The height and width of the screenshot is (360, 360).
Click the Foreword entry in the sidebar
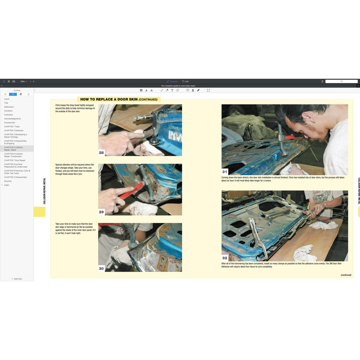click(x=8, y=115)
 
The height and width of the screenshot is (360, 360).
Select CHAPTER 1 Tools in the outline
click(x=12, y=127)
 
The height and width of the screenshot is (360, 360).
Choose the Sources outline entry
click(x=8, y=181)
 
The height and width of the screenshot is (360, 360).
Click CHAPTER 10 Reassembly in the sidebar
click(x=15, y=177)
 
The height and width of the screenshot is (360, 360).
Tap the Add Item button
click(x=17, y=279)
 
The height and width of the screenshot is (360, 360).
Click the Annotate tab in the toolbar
click(x=172, y=81)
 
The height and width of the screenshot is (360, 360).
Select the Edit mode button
click(x=185, y=81)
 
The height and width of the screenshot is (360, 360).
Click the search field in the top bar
click(x=341, y=81)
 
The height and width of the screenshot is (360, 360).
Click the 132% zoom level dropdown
click(x=23, y=81)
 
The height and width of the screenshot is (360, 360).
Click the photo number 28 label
click(x=101, y=153)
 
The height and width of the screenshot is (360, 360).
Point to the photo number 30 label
click(x=101, y=269)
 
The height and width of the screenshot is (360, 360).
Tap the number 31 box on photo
click(x=225, y=172)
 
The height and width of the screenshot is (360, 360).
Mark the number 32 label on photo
click(x=225, y=258)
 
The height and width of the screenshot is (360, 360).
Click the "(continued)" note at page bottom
click(x=346, y=275)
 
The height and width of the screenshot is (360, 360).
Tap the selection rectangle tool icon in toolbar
click(x=208, y=90)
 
